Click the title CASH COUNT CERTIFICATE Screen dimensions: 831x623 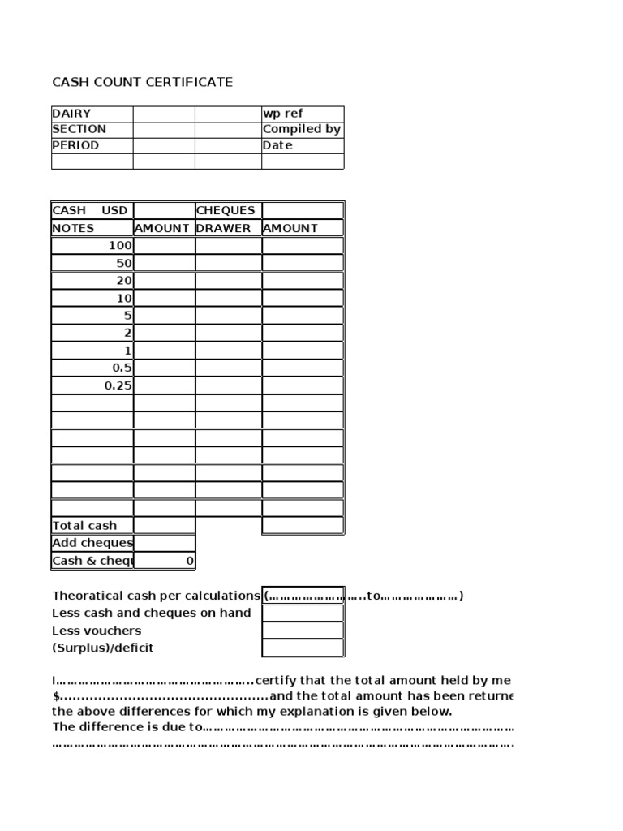point(142,82)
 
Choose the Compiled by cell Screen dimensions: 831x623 point(302,129)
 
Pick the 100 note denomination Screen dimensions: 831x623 point(120,245)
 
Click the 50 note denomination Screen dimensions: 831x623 point(123,263)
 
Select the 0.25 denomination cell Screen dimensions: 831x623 point(118,385)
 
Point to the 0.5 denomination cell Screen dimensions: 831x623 point(122,368)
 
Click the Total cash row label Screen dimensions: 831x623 point(84,526)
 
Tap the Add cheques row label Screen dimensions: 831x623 point(92,543)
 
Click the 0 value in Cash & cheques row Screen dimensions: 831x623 point(190,561)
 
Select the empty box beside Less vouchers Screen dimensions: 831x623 point(303,631)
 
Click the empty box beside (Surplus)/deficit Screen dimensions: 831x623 point(303,648)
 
